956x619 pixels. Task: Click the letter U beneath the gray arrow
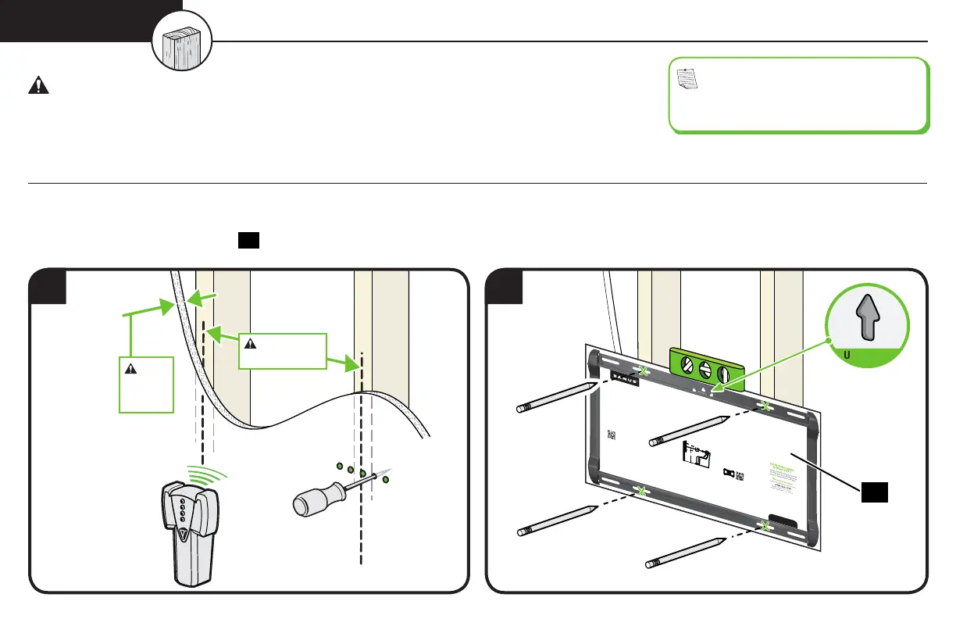(x=847, y=354)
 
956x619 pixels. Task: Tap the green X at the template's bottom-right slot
(x=766, y=528)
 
